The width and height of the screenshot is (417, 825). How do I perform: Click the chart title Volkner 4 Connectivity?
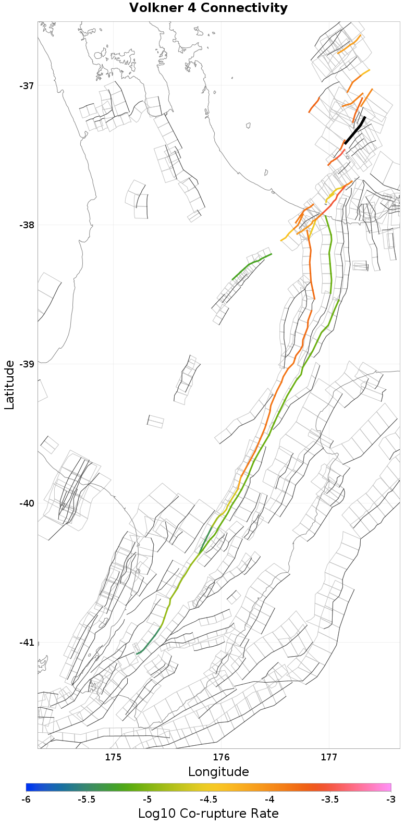[208, 8]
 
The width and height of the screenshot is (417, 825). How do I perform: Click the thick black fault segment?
[355, 130]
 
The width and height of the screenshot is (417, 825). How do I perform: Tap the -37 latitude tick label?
[27, 85]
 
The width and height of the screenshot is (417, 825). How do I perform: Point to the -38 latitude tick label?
[27, 225]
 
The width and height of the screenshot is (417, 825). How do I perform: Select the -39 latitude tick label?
[27, 364]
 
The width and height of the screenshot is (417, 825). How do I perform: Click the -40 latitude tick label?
[27, 503]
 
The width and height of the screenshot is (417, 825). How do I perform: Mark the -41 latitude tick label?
[27, 643]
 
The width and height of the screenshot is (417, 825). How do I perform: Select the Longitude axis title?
[218, 772]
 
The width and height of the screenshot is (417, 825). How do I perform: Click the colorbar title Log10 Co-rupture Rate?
[208, 814]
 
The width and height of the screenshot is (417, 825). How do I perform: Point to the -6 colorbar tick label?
[26, 799]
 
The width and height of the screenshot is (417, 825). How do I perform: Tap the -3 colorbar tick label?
[390, 799]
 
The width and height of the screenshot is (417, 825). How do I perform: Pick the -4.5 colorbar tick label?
[208, 799]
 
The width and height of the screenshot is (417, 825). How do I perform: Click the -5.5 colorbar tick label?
[87, 799]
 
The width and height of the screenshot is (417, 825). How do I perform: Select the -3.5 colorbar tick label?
[330, 799]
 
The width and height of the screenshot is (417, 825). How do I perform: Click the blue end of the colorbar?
[29, 787]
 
